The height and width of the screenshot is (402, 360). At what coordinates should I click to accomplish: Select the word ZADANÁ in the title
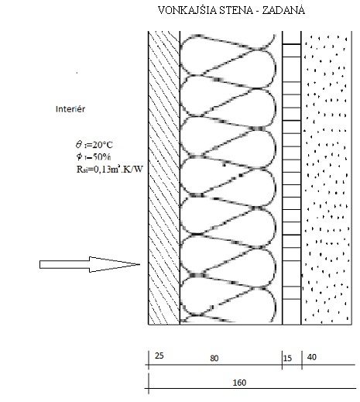284,10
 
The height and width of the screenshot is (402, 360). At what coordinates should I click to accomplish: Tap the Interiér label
70,109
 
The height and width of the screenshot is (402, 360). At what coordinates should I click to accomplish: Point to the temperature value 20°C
102,145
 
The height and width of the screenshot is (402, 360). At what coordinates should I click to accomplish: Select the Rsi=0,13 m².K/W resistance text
109,169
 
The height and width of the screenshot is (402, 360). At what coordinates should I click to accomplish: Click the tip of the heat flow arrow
139,264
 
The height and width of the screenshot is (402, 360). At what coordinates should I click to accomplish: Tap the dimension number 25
159,356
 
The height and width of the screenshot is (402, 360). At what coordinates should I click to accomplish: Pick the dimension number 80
214,358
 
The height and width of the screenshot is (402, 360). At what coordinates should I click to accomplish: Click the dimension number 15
287,358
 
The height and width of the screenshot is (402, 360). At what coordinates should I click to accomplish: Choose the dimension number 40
312,357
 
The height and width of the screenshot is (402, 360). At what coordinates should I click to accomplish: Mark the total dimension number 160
239,383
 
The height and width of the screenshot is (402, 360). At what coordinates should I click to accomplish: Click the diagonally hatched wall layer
164,177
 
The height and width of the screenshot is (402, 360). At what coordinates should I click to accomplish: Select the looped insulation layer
228,177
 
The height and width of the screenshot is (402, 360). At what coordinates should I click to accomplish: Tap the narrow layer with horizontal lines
292,177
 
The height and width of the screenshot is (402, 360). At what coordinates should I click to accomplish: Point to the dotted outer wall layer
327,177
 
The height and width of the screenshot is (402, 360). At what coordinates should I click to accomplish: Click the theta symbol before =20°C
79,144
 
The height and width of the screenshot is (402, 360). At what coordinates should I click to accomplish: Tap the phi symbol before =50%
79,156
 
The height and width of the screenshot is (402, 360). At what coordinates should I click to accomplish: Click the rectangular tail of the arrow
64,265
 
